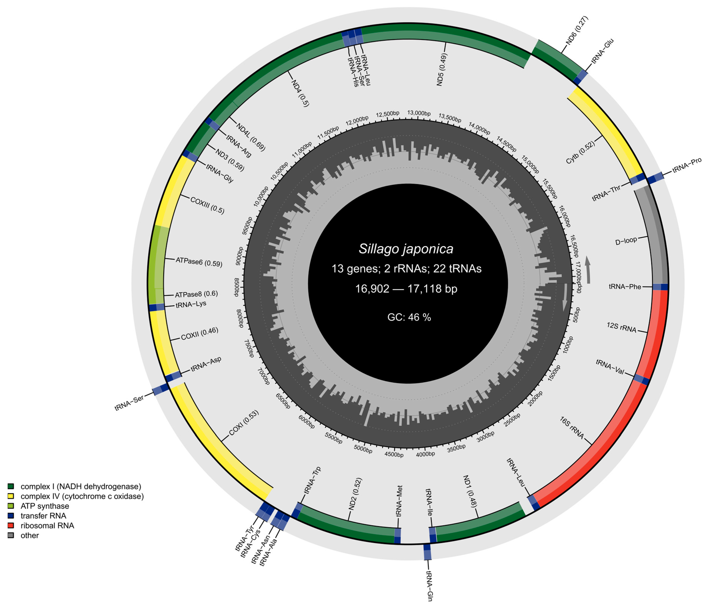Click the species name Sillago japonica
point(406,249)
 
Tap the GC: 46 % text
point(409,317)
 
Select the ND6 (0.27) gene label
point(577,31)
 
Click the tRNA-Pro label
point(687,166)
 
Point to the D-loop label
point(626,241)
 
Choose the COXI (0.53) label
point(244,423)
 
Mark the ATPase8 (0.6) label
point(196,294)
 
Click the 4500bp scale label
point(394,454)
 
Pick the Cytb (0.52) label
point(581,152)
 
